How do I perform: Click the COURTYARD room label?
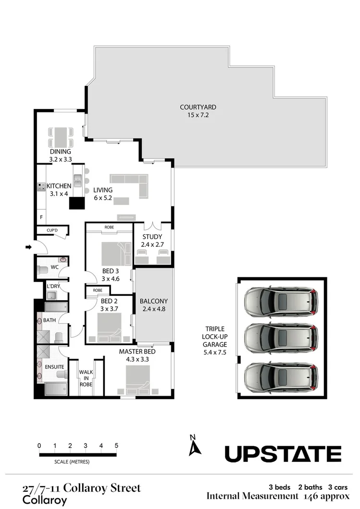[198, 108]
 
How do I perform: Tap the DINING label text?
[60, 152]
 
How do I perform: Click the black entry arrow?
[28, 247]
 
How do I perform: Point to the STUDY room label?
[152, 237]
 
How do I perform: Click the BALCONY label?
[153, 301]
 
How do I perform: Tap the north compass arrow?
[194, 448]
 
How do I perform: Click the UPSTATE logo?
[283, 453]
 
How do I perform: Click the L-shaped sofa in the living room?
[131, 184]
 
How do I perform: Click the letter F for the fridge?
[41, 218]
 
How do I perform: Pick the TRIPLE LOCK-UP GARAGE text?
[215, 340]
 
